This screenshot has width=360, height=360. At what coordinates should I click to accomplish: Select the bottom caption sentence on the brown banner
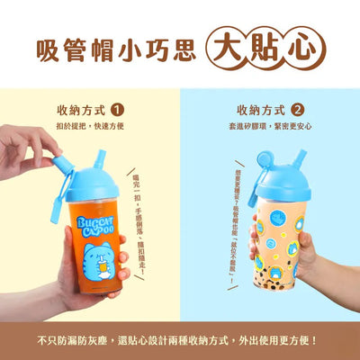(180, 340)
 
